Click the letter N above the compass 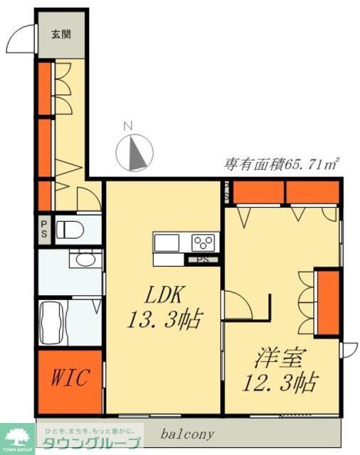tap(129, 126)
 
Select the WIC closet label tap(69, 378)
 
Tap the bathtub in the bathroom tap(52, 323)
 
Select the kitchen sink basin tap(168, 243)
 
